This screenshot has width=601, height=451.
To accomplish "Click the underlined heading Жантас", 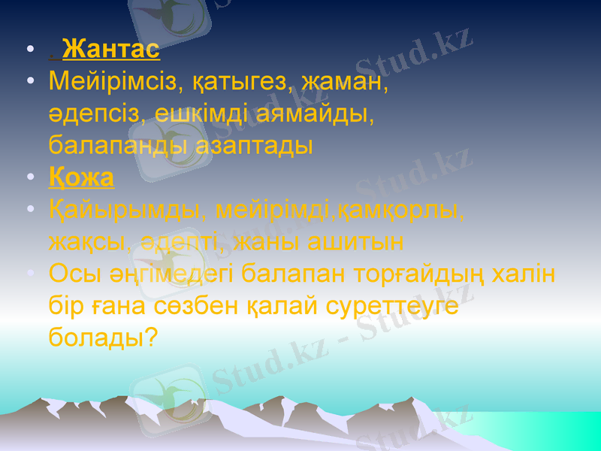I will pos(111,50).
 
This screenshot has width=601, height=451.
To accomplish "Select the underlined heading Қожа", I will pos(81,178).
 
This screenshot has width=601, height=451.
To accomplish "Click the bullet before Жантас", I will pos(29,50).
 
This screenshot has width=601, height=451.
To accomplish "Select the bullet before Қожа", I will pos(29,178).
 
